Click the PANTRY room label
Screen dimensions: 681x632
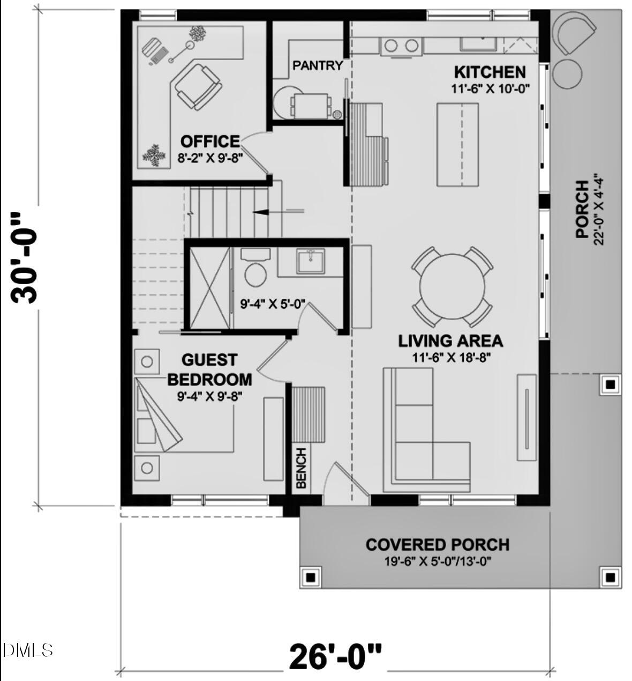tap(318, 65)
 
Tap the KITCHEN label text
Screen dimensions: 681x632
tap(490, 72)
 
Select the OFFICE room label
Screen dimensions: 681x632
tap(210, 142)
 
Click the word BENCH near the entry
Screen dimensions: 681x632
tap(301, 468)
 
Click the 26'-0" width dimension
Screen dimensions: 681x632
tap(336, 655)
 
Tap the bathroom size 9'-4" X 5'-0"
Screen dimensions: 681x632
tap(272, 305)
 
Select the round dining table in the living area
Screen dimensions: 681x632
tap(452, 286)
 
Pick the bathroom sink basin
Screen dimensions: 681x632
tap(311, 261)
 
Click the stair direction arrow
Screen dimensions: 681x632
tap(261, 212)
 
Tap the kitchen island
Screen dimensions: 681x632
tap(458, 144)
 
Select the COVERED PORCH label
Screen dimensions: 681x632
tap(437, 545)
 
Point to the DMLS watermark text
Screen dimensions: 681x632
tap(28, 650)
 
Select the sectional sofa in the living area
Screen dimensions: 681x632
tap(418, 434)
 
